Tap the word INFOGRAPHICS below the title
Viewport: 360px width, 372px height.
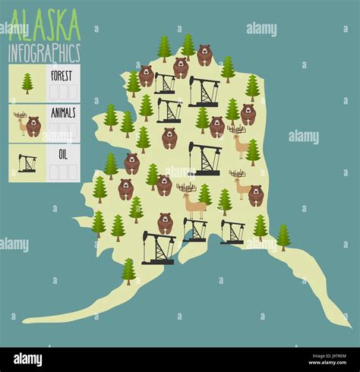click(x=44, y=53)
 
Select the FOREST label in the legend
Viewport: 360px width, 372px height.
click(x=62, y=75)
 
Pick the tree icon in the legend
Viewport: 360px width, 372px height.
click(x=27, y=83)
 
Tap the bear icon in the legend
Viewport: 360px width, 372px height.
click(x=33, y=126)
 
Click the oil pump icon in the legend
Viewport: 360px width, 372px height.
click(x=27, y=162)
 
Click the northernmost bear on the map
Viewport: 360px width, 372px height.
click(x=204, y=55)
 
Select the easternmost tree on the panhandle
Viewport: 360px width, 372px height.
click(x=283, y=237)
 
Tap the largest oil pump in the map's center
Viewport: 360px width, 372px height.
click(x=204, y=158)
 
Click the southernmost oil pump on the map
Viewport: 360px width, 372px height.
click(x=158, y=247)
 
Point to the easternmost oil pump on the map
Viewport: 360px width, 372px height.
click(x=232, y=231)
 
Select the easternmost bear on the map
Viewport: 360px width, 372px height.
click(x=257, y=195)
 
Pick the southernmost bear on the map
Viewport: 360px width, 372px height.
click(x=165, y=222)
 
